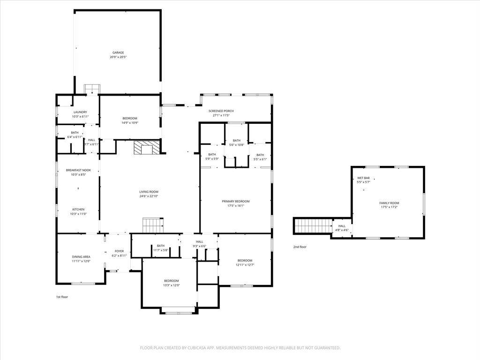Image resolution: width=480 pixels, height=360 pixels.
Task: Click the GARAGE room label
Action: [x=118, y=52]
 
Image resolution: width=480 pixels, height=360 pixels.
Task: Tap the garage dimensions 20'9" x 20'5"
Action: [x=118, y=57]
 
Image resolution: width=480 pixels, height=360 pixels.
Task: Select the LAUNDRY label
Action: [x=80, y=112]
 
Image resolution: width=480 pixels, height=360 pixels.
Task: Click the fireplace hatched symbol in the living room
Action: [x=143, y=148]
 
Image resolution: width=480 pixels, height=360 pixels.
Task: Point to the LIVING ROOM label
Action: [x=149, y=192]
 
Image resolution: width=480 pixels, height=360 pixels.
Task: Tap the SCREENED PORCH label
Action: [x=221, y=111]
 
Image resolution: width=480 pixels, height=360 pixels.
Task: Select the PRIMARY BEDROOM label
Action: [x=236, y=201]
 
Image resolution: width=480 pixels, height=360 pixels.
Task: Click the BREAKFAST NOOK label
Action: [x=78, y=170]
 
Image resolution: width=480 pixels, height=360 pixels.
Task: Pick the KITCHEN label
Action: [x=78, y=209]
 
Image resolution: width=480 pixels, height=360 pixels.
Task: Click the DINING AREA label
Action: [x=81, y=256]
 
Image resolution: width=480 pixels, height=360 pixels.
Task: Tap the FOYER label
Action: [x=119, y=251]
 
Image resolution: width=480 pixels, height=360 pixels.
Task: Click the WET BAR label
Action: [x=363, y=178]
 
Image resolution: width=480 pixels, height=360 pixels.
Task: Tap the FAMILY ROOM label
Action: [x=389, y=203]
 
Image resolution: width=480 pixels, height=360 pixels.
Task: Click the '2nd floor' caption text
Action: [x=300, y=247]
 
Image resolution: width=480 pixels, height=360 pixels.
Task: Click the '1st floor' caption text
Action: [x=62, y=297]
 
